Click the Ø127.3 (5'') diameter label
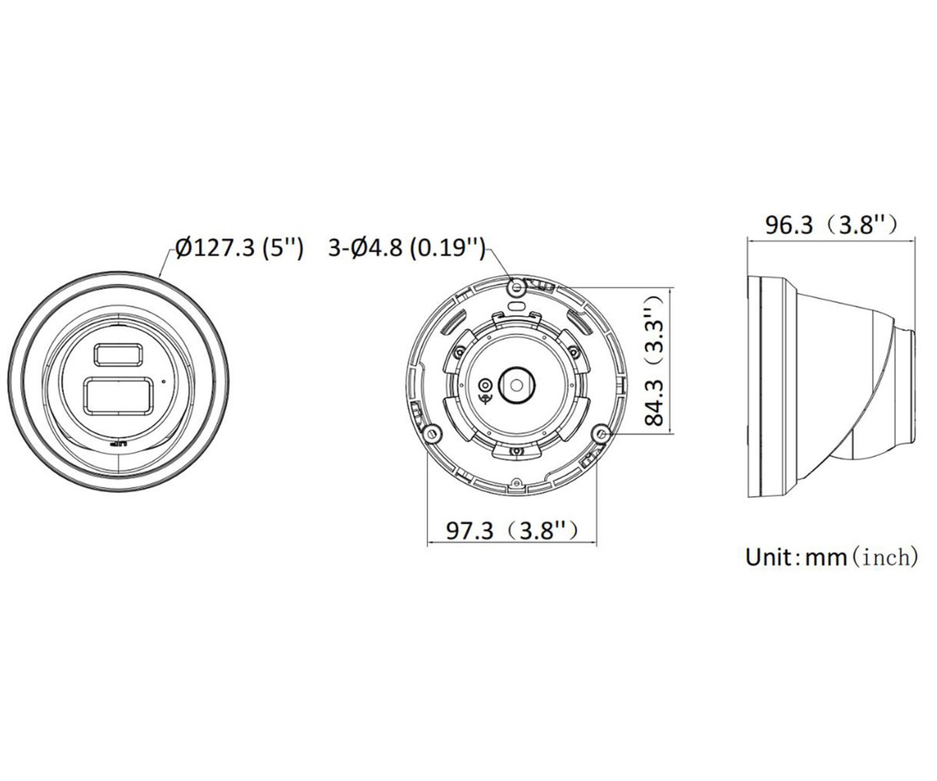(x=239, y=247)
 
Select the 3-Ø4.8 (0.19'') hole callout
(x=407, y=247)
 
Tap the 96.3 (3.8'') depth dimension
(x=831, y=225)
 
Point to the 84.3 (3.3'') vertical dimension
(x=655, y=360)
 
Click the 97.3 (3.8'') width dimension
(x=513, y=531)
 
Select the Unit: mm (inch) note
(x=831, y=557)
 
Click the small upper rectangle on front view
(x=118, y=354)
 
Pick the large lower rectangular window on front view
(x=119, y=396)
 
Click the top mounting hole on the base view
(x=517, y=287)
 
